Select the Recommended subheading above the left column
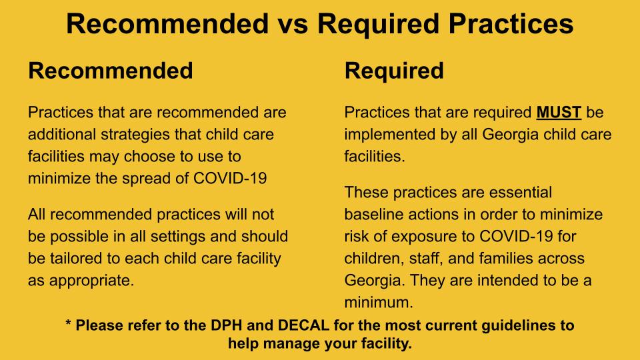click(111, 71)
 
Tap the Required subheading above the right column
click(394, 71)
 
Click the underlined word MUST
click(559, 112)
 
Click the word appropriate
click(92, 281)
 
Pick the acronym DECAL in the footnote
click(304, 325)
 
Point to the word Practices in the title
click(511, 24)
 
